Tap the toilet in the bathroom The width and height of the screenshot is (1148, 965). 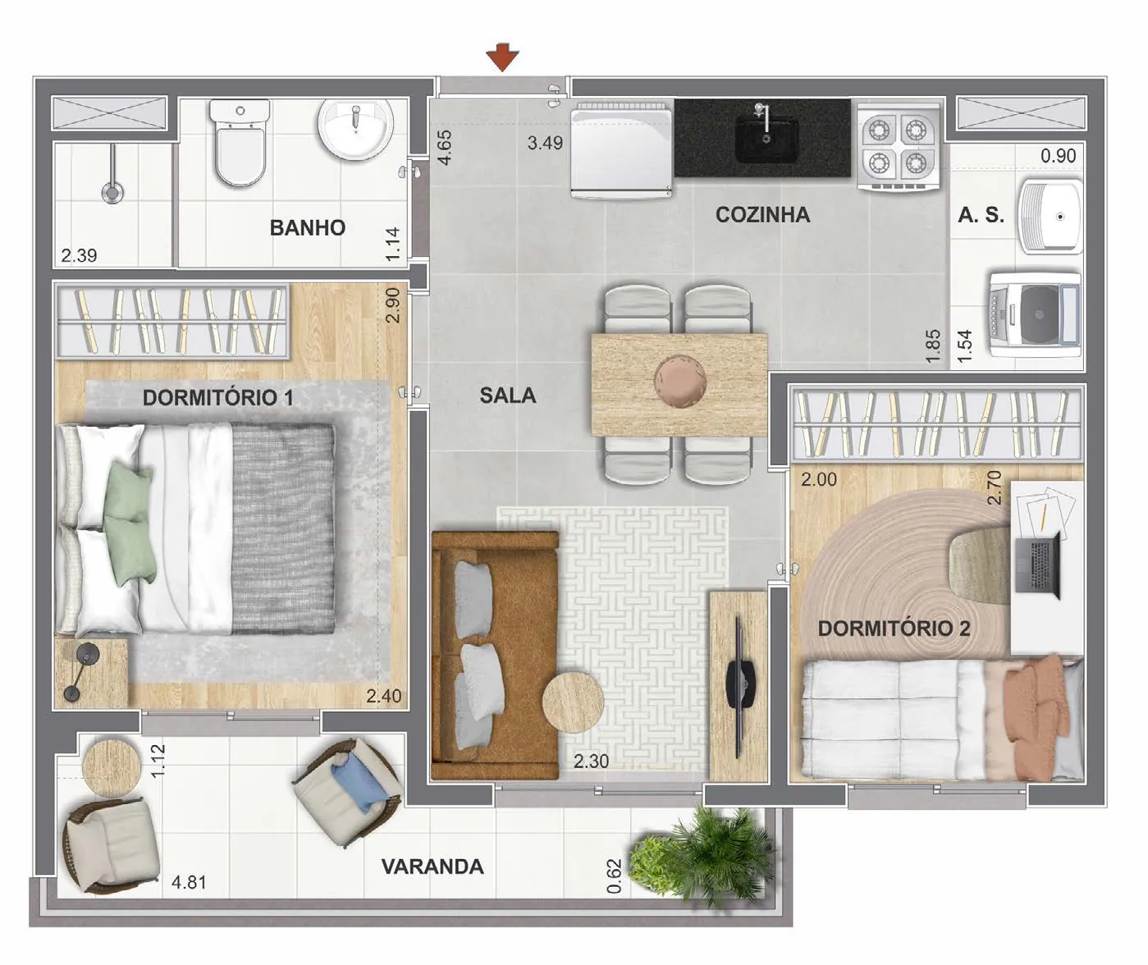(240, 143)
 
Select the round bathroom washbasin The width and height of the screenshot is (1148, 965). (356, 129)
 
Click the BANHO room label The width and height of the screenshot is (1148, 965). (308, 227)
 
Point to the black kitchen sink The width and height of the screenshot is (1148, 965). (766, 139)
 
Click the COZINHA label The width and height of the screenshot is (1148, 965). (762, 215)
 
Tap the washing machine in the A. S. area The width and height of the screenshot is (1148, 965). (1034, 314)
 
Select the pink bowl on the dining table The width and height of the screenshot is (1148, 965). (680, 382)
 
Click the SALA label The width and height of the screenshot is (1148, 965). (507, 396)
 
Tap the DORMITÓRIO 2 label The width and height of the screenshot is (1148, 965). (894, 628)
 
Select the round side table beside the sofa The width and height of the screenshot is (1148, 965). (573, 702)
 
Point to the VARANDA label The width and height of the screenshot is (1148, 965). (432, 867)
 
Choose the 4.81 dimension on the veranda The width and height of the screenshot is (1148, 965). (189, 882)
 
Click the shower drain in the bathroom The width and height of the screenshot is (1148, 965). (112, 193)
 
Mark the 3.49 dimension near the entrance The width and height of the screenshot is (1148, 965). (545, 143)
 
